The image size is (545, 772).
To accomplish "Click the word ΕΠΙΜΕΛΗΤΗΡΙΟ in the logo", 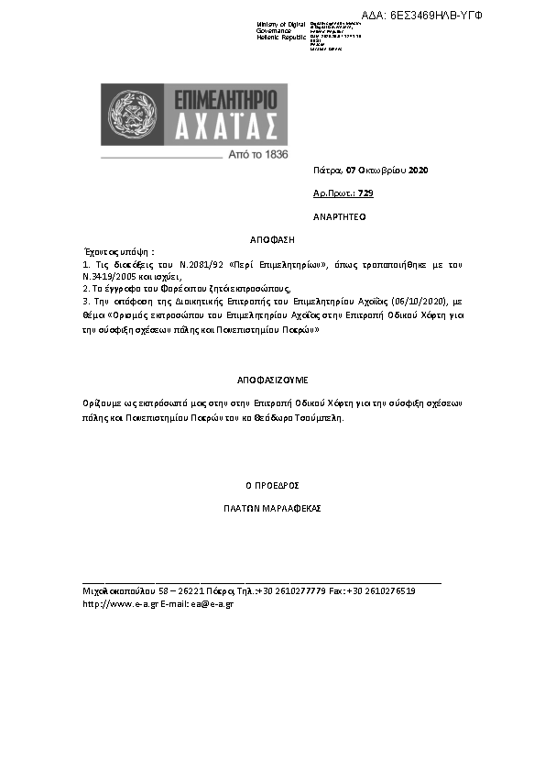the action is (222, 98).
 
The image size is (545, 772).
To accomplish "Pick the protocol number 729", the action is (365, 193).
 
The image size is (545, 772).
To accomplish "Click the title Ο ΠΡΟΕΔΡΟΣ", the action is (271, 485).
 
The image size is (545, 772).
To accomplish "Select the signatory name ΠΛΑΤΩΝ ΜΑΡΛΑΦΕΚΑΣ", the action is (271, 507).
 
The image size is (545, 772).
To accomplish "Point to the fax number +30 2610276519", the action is (381, 592).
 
